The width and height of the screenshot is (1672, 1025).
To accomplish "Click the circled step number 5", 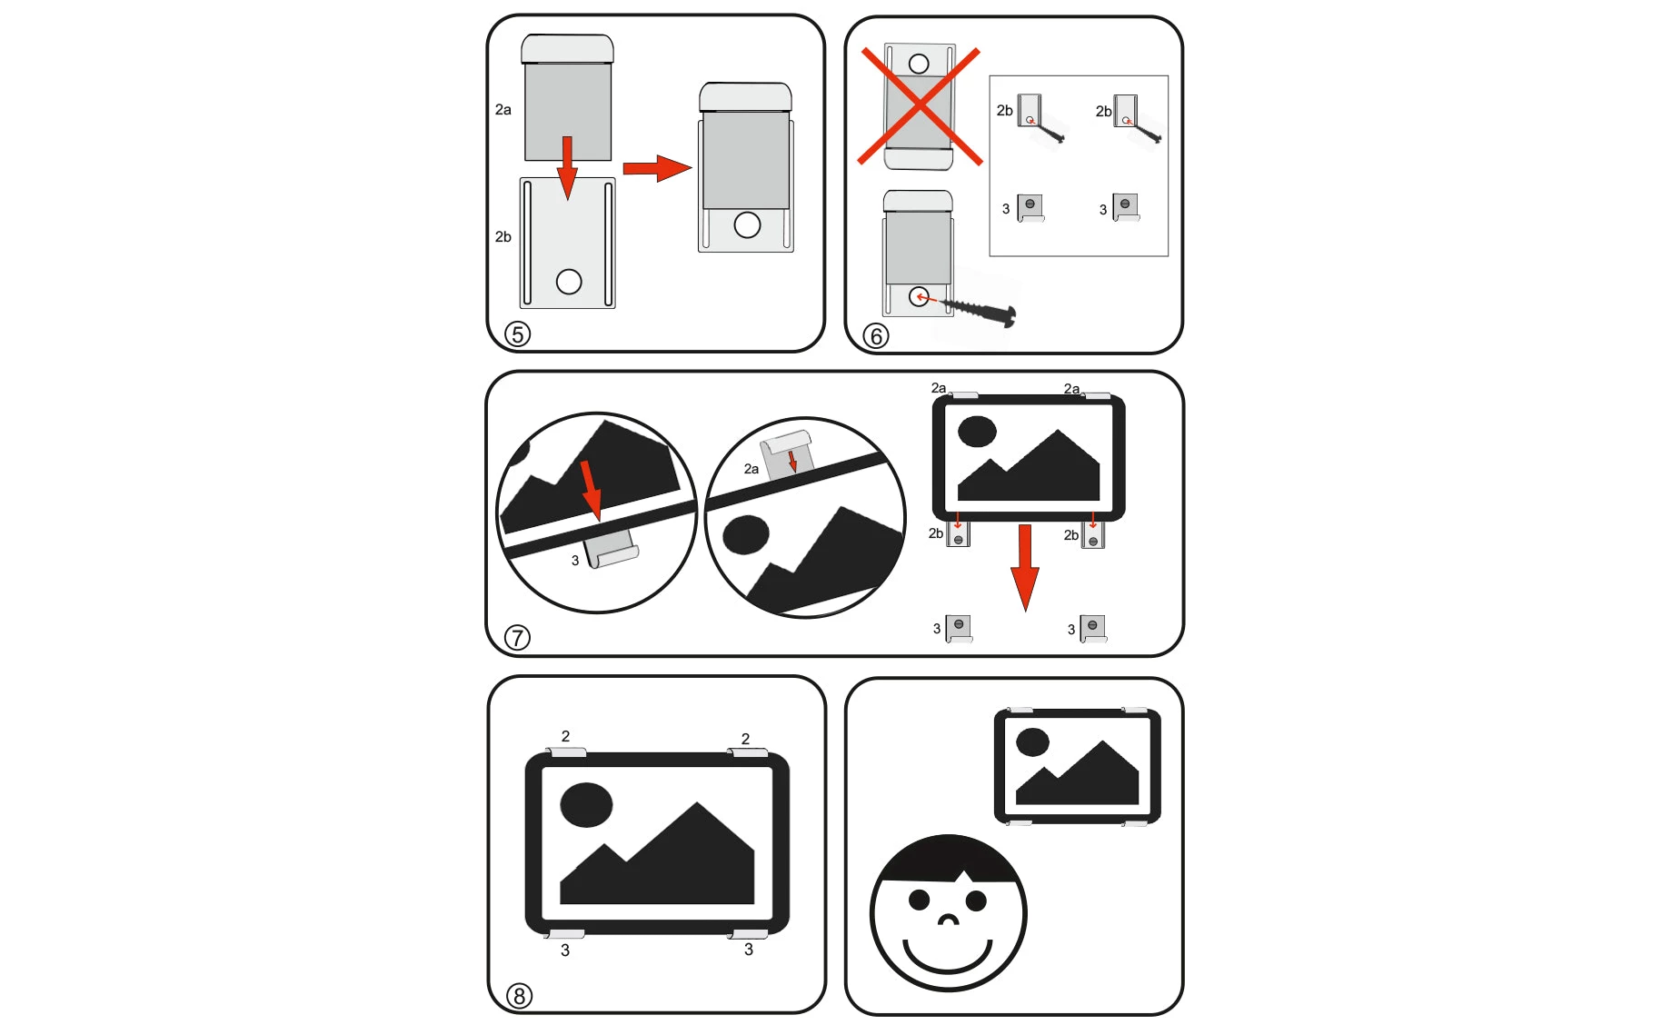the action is (x=518, y=334).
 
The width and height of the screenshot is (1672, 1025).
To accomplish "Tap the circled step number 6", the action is (x=876, y=336).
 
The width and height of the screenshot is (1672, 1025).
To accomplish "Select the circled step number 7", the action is (x=517, y=638).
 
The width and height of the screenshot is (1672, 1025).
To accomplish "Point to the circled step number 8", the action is (x=519, y=996).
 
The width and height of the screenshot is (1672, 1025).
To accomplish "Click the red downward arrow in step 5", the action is (x=568, y=167).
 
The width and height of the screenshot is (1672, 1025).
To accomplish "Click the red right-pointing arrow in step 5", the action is (x=657, y=168).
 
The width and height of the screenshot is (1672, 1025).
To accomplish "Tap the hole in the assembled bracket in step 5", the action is (x=747, y=224).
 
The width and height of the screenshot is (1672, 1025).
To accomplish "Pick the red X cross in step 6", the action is (x=921, y=106).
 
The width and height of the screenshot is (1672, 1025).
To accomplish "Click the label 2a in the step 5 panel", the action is (x=503, y=110).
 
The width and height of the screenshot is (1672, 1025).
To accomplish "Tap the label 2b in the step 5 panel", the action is (x=503, y=237).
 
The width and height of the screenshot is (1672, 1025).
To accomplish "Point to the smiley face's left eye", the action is (x=920, y=900).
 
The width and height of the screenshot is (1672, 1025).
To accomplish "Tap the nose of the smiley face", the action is (x=948, y=920).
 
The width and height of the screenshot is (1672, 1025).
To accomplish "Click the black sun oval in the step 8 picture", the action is (x=586, y=805).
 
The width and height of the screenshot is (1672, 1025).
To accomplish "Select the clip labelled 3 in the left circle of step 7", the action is (x=611, y=549).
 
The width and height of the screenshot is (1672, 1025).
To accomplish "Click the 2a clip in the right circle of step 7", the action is (x=786, y=455).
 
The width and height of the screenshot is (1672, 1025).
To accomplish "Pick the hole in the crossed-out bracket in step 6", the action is (x=919, y=64).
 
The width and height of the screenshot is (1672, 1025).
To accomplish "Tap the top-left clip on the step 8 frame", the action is (x=566, y=752).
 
